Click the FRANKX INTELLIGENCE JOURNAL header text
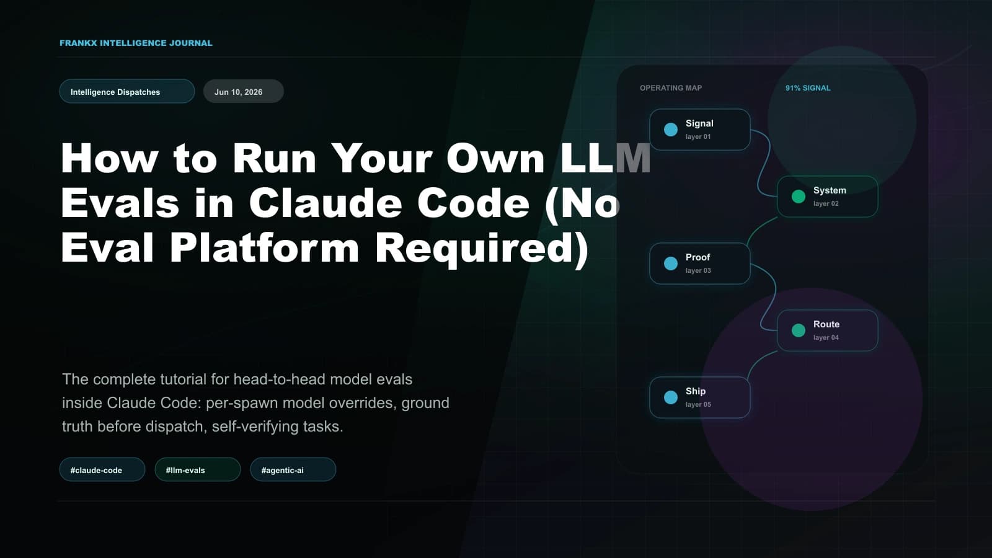pyautogui.click(x=136, y=43)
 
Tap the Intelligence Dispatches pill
pyautogui.click(x=127, y=91)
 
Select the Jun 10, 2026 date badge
pyautogui.click(x=244, y=91)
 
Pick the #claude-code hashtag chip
pyautogui.click(x=102, y=469)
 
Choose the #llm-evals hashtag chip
pyautogui.click(x=198, y=469)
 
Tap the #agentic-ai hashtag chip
pyautogui.click(x=293, y=469)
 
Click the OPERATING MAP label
pyautogui.click(x=671, y=88)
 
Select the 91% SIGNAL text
pyautogui.click(x=808, y=88)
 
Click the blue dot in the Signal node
pyautogui.click(x=670, y=130)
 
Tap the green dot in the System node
pyautogui.click(x=798, y=197)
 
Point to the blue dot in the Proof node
pyautogui.click(x=670, y=263)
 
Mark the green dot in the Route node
pyautogui.click(x=798, y=330)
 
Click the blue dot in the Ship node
pyautogui.click(x=670, y=397)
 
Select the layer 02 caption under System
pyautogui.click(x=826, y=204)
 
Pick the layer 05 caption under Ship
pyautogui.click(x=698, y=404)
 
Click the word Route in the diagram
pyautogui.click(x=826, y=324)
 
